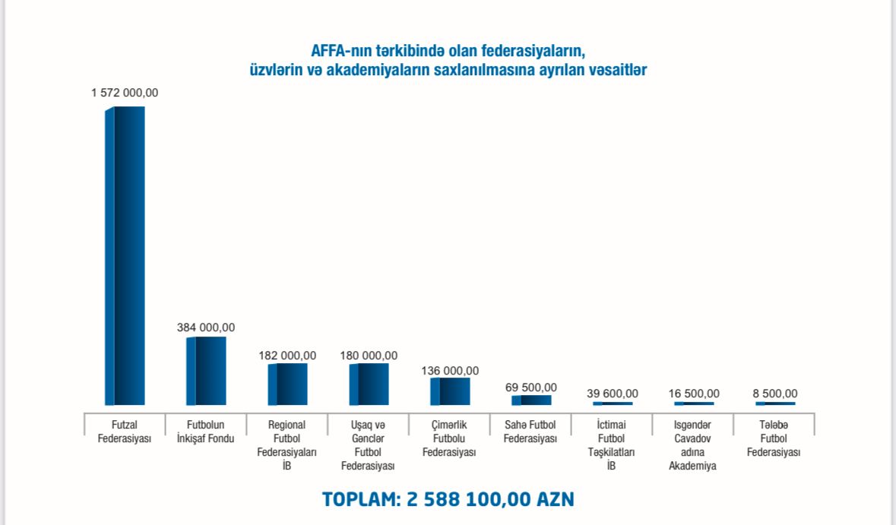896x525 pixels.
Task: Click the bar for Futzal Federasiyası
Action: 125,255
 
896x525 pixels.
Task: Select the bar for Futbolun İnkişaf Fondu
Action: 206,371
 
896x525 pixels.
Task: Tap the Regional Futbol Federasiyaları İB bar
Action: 287,384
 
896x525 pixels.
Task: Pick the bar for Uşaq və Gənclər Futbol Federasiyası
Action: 369,384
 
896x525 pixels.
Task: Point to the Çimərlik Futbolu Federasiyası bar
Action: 450,391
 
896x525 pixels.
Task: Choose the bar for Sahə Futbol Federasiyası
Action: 531,400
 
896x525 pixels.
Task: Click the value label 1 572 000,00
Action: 125,93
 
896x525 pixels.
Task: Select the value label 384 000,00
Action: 206,327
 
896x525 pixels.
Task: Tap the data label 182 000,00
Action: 287,356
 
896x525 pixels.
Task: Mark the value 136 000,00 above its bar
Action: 450,371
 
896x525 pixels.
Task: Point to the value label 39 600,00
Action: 613,394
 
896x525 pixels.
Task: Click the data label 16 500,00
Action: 693,394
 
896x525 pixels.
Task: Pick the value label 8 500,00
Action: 774,394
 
